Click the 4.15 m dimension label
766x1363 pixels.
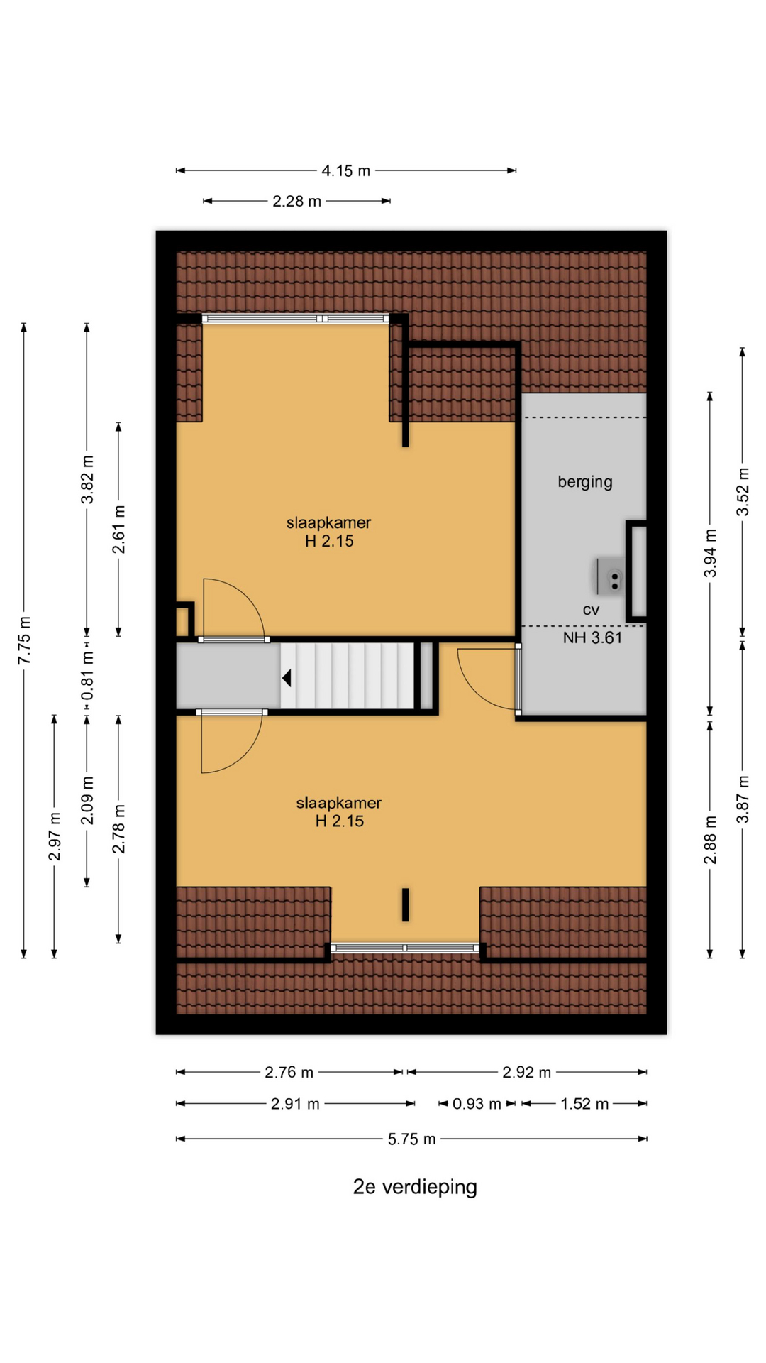click(346, 171)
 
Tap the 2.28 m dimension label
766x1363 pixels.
click(297, 202)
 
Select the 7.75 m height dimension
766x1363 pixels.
click(24, 640)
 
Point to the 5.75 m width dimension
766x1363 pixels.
click(412, 1139)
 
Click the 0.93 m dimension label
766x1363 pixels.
click(477, 1104)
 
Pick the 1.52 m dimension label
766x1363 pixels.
click(585, 1104)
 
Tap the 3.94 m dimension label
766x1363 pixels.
click(711, 553)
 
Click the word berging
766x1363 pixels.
click(585, 482)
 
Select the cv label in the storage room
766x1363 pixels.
click(591, 610)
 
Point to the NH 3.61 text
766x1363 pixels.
click(592, 637)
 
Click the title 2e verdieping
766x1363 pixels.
click(415, 1187)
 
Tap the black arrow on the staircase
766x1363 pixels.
click(287, 678)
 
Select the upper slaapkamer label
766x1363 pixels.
click(329, 532)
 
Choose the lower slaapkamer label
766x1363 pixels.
click(339, 812)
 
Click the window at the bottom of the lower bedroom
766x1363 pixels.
click(405, 948)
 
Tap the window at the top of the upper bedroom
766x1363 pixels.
click(296, 319)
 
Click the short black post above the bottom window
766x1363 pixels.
click(406, 905)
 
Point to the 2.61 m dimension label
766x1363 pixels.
click(119, 530)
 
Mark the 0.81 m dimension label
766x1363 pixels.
click(87, 676)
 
